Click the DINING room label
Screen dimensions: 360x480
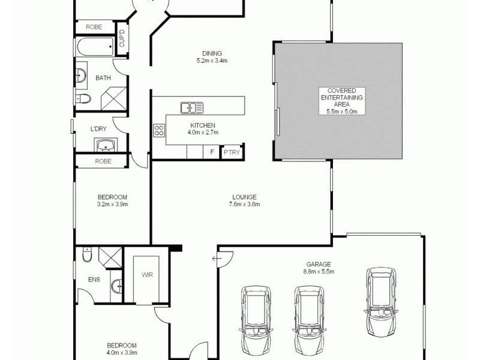pyautogui.click(x=212, y=53)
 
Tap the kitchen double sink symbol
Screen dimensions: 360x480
pyautogui.click(x=192, y=108)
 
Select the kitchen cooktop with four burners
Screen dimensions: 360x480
pyautogui.click(x=160, y=130)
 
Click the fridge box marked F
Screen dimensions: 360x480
pyautogui.click(x=212, y=152)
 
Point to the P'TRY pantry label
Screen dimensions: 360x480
pyautogui.click(x=231, y=152)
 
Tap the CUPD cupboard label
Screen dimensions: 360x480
pyautogui.click(x=122, y=38)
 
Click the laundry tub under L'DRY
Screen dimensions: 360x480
pyautogui.click(x=106, y=145)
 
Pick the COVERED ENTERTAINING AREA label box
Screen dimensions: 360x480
pyautogui.click(x=341, y=101)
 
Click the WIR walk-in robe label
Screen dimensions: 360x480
pyautogui.click(x=147, y=274)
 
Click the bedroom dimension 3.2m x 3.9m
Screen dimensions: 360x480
pyautogui.click(x=113, y=204)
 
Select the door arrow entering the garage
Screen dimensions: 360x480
pyautogui.click(x=215, y=259)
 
